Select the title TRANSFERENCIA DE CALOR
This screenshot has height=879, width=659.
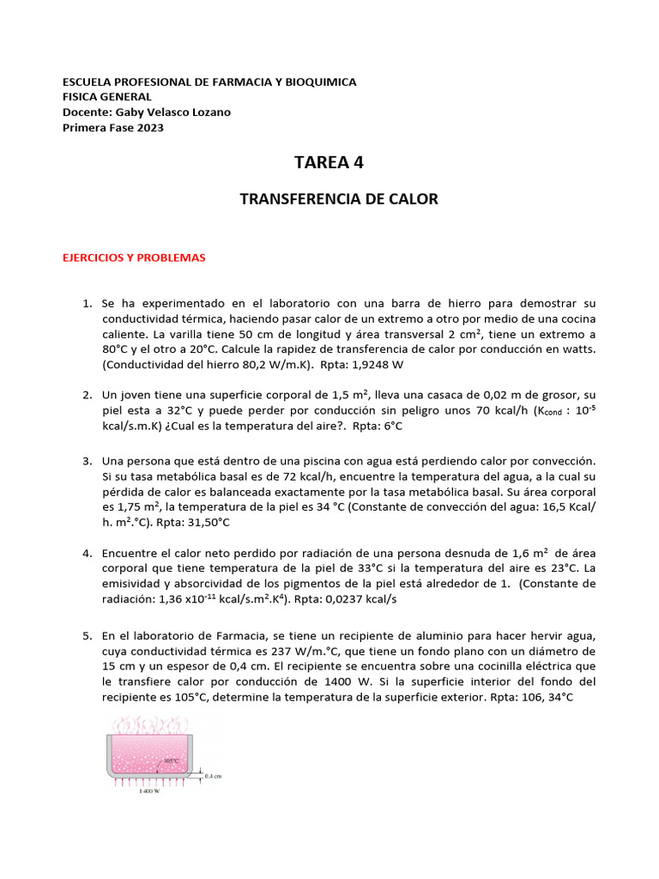point(338,199)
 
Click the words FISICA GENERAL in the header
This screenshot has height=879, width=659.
point(107,97)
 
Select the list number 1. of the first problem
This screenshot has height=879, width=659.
point(87,304)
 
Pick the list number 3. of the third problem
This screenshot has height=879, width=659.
point(87,461)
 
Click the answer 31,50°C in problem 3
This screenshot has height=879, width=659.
point(203,522)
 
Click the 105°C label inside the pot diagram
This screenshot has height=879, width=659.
point(172,761)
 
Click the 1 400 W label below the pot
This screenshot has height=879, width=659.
point(150,792)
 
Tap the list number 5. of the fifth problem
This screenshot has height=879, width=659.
point(87,635)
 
